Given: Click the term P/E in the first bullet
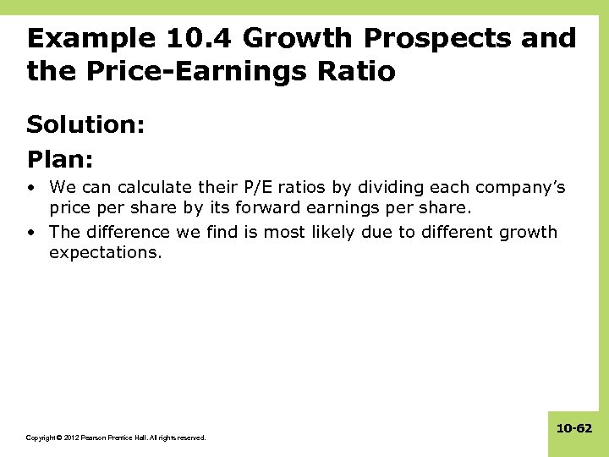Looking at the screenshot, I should tap(244, 187).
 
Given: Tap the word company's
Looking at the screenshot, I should tap(521, 187).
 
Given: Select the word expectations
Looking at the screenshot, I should tap(104, 253).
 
